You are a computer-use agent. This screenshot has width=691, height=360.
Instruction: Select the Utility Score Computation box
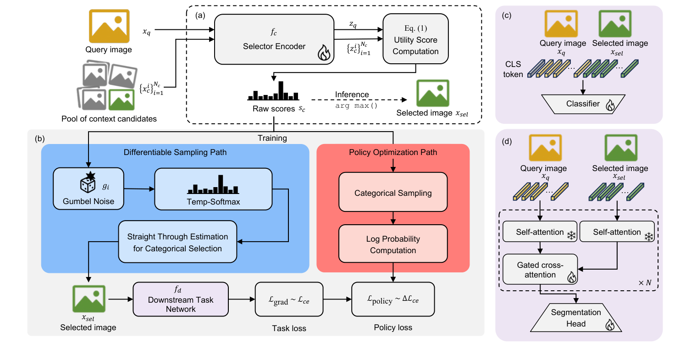[415, 41]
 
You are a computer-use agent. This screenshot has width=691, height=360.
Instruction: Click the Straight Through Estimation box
[177, 243]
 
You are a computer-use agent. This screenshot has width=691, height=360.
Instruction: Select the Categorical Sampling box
[393, 193]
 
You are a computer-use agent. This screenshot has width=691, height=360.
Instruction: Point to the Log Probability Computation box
[393, 244]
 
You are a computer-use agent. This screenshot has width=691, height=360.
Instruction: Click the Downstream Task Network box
[181, 299]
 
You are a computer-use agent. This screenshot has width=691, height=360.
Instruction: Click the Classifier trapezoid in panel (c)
[582, 104]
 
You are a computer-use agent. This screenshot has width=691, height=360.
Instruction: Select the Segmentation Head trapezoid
[576, 318]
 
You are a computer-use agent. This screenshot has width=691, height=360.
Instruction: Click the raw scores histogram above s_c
[273, 92]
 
